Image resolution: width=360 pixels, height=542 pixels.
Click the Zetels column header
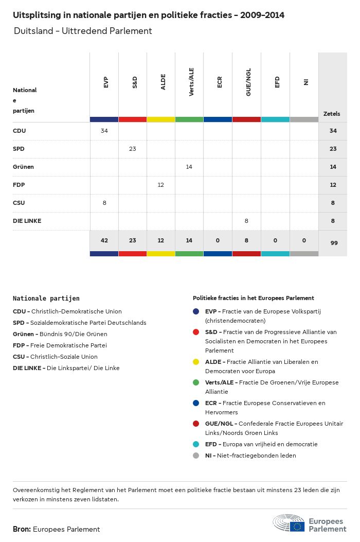click(x=332, y=114)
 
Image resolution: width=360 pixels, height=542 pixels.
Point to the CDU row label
click(x=20, y=131)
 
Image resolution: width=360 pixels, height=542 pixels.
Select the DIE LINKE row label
click(x=27, y=221)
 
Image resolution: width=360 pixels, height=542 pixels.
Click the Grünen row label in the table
click(x=23, y=167)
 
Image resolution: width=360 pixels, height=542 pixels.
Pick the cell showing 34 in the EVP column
click(x=104, y=131)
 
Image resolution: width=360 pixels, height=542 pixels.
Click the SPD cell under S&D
click(x=133, y=149)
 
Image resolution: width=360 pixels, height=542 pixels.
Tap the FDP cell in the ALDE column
click(x=161, y=185)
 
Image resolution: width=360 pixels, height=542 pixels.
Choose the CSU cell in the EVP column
click(x=104, y=203)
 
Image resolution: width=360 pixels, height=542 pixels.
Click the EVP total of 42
click(x=104, y=240)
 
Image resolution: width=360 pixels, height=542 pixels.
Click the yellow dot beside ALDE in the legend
click(x=196, y=362)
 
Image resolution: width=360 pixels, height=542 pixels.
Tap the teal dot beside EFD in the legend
click(x=196, y=444)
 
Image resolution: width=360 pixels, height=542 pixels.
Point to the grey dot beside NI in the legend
click(x=196, y=456)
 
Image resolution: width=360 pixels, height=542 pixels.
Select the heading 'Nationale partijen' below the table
click(x=46, y=299)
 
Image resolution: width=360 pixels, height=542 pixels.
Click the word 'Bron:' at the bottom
click(x=22, y=529)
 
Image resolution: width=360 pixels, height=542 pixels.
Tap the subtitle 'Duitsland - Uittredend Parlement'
click(x=83, y=31)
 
